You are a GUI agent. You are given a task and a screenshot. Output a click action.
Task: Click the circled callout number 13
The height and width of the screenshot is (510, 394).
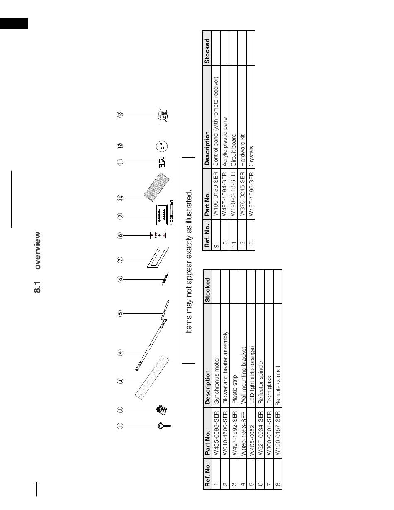pyautogui.click(x=120, y=114)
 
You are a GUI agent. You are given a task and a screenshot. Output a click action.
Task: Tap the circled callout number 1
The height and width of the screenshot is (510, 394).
pyautogui.click(x=120, y=425)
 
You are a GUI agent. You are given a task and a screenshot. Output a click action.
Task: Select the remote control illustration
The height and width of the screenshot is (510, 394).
pyautogui.click(x=158, y=235)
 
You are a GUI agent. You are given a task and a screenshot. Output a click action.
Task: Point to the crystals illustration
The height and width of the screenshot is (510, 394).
pyautogui.click(x=163, y=115)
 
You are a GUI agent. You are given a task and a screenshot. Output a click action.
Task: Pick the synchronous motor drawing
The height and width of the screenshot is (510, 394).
pyautogui.click(x=163, y=425)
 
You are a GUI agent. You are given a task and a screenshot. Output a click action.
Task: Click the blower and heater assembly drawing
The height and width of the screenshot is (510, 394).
pyautogui.click(x=161, y=410)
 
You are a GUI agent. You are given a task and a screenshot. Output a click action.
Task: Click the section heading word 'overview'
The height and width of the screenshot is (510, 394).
pyautogui.click(x=38, y=250)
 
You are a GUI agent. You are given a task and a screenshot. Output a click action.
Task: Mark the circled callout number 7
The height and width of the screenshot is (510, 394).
pyautogui.click(x=120, y=260)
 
